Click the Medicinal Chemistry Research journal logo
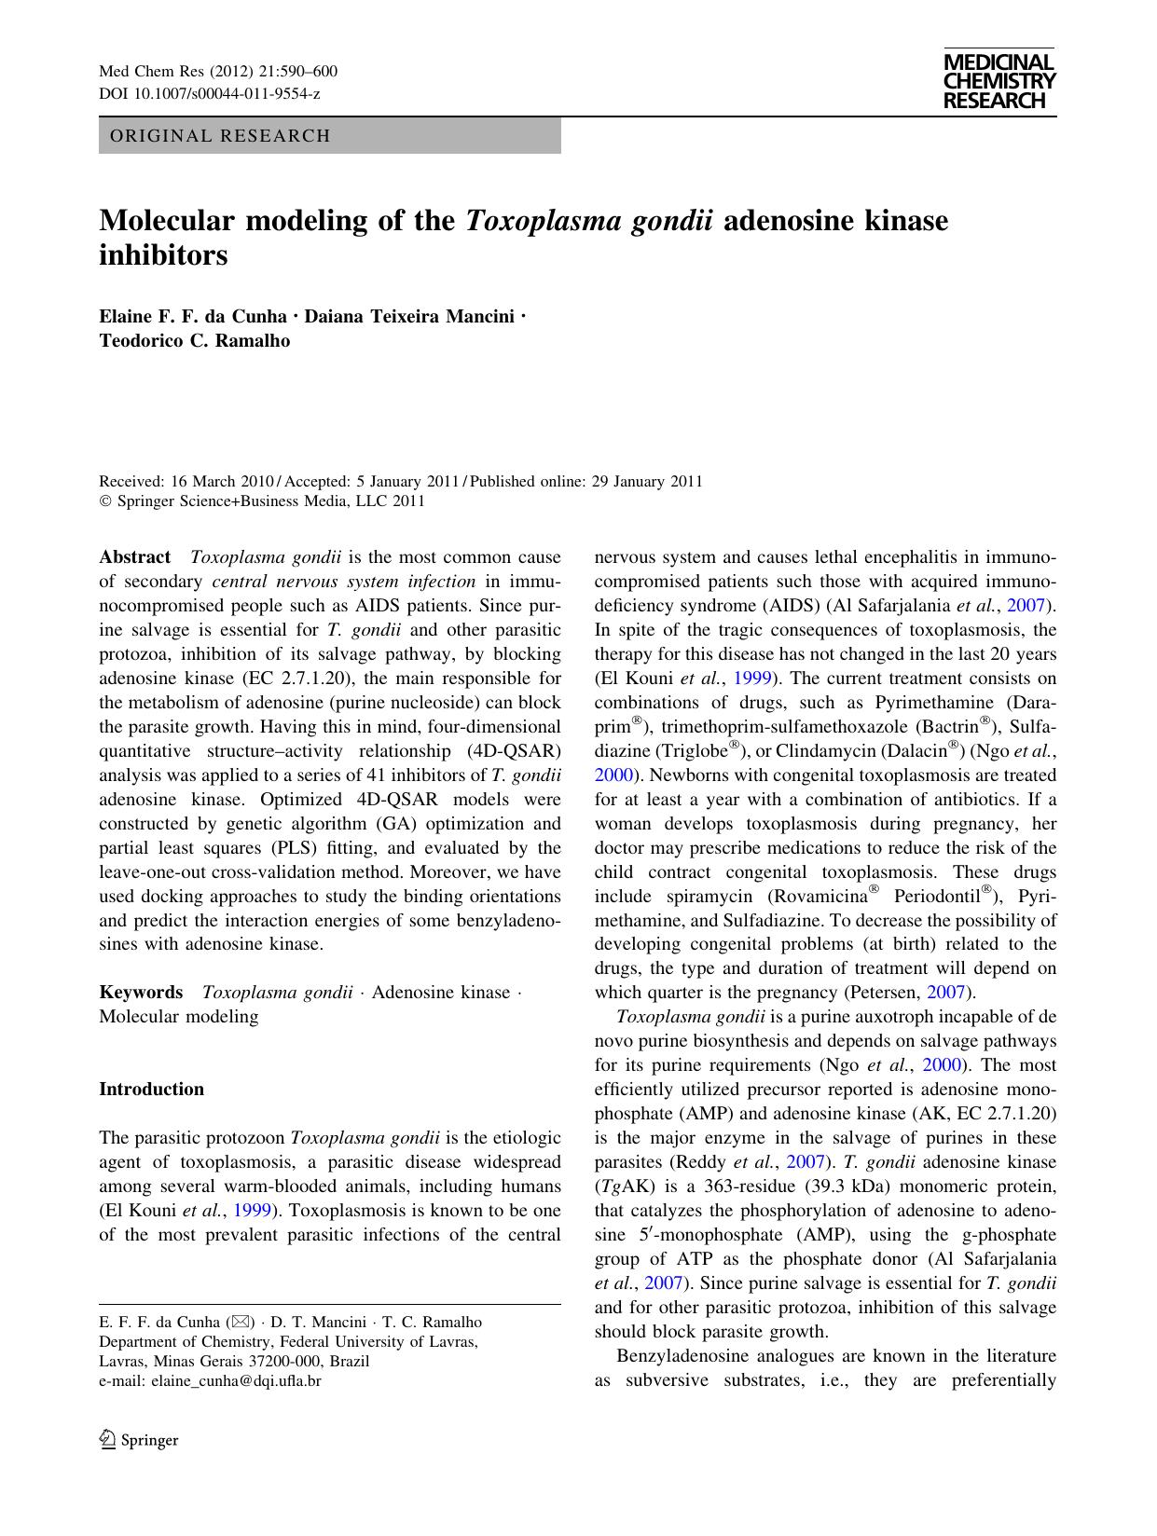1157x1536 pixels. click(999, 81)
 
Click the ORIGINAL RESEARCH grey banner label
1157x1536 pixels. click(220, 136)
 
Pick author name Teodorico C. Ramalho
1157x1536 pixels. click(194, 341)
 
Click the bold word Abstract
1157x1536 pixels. click(135, 557)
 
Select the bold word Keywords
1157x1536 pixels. click(141, 992)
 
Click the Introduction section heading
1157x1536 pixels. click(151, 1089)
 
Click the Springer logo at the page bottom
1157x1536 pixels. click(139, 1440)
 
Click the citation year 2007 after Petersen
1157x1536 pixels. click(950, 992)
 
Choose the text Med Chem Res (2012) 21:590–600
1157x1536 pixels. click(218, 73)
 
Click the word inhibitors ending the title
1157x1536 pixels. click(163, 255)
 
